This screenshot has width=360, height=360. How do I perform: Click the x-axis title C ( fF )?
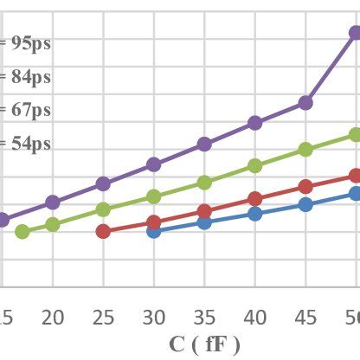tap(204, 343)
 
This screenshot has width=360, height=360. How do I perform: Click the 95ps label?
tap(29, 42)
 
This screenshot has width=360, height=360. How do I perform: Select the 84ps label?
tap(29, 77)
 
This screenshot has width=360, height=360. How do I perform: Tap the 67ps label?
tap(29, 110)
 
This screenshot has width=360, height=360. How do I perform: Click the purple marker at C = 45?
tap(305, 102)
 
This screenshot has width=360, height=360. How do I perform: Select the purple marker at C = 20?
tap(53, 202)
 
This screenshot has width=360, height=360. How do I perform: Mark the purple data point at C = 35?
tap(204, 144)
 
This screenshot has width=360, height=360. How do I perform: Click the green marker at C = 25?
tap(103, 209)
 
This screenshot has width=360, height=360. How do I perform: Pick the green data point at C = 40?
tap(254, 165)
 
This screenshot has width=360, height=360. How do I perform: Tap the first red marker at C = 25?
tap(103, 231)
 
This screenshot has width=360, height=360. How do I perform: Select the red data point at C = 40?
tap(254, 199)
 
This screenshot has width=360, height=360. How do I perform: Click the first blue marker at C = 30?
tap(153, 231)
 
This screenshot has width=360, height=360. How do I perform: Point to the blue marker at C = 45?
tap(305, 204)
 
